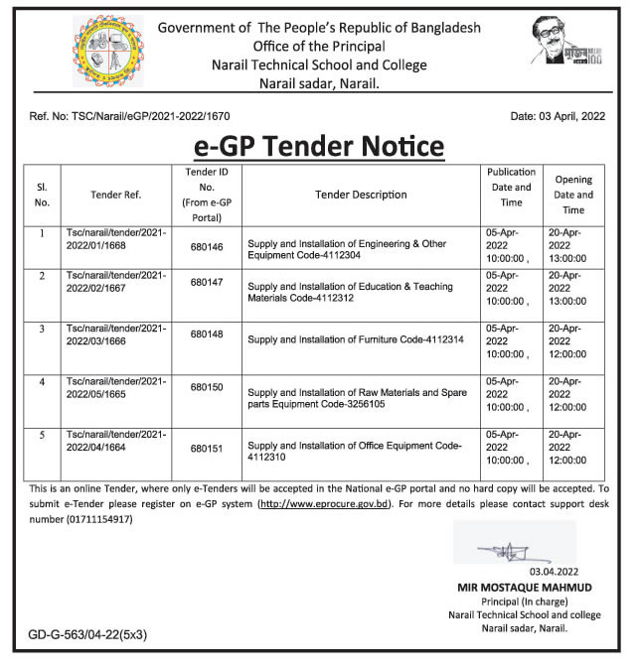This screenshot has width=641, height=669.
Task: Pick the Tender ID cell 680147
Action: click(x=207, y=283)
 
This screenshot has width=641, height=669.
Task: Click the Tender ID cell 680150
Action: click(x=207, y=387)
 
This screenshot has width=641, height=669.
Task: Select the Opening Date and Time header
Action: click(x=573, y=195)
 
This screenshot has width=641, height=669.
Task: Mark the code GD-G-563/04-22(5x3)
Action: click(x=87, y=633)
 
